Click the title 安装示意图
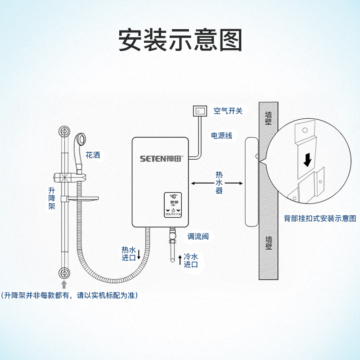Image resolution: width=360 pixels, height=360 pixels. pos(180,40)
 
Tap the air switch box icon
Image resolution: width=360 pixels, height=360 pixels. pos(199,111)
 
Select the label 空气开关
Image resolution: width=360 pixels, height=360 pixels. pos(228,111)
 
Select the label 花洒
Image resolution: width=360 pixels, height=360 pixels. pos(93,156)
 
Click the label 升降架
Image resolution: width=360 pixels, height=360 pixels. pos(52,198)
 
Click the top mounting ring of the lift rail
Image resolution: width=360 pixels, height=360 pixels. pos(64,132)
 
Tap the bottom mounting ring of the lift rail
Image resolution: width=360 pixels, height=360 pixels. pos(64,273)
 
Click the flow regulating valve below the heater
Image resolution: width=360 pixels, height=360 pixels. pos(172,236)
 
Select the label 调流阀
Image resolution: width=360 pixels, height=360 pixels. pos(198,236)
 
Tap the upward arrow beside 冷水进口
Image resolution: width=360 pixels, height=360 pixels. pos(180,260)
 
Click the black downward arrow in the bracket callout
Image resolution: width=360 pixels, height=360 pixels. pos(307,159)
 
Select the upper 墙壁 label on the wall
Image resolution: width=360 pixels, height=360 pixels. pos(269,118)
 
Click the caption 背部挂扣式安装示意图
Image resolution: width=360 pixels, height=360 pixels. pos(319,218)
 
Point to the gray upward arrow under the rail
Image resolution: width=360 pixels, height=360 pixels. pos(64,284)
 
